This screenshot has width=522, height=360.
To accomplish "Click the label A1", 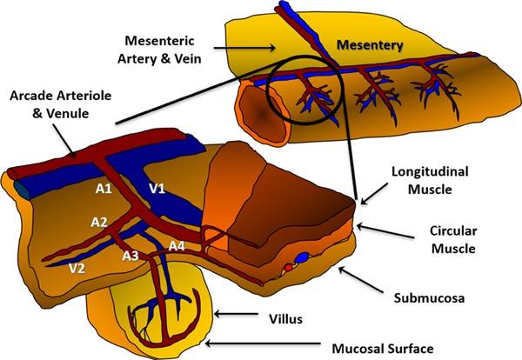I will pos(103,188).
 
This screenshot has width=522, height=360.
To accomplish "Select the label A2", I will pos(98,223).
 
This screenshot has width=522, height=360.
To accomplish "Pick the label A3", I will pos(130,255).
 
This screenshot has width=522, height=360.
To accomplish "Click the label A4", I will pos(177,245).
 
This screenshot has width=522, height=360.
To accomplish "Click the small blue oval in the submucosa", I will pos(302,257).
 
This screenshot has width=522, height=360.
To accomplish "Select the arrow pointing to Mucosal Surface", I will pos(261,345).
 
